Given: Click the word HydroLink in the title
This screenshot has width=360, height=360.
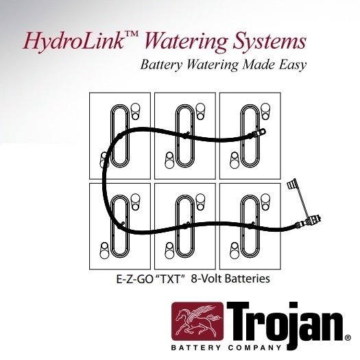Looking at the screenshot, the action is pos(73,41).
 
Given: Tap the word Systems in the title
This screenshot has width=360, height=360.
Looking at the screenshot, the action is pos(269,42).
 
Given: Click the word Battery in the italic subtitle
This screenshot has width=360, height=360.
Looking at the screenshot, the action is pos(161,64).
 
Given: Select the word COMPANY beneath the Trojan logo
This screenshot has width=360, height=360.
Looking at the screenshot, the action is pos(254,348).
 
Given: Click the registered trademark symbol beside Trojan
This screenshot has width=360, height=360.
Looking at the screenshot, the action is pos(348,338).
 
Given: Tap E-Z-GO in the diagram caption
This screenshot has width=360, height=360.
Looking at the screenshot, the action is pos(134,279).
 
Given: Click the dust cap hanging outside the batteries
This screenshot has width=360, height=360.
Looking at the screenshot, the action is pos(292,184).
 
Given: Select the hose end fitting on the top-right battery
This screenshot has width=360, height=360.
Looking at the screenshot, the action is pos(259,133).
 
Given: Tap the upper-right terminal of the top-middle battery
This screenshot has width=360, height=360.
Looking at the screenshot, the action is pos(200,111).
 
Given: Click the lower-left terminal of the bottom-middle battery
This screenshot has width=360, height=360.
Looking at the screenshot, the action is pos(169,250).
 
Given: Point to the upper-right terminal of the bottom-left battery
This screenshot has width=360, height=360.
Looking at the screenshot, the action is pos(135,202).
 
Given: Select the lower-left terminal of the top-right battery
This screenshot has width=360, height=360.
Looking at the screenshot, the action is pos(235,160).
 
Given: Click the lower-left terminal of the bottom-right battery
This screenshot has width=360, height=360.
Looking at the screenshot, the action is pos(235,250).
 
